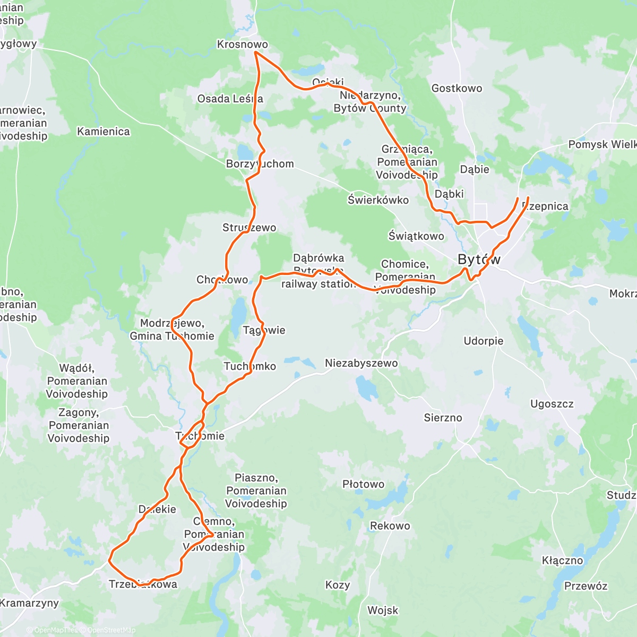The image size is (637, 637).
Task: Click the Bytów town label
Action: click(479, 260)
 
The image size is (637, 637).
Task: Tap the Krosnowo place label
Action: click(243, 45)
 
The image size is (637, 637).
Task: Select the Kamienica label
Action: click(104, 132)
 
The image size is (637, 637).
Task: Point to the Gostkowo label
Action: click(457, 89)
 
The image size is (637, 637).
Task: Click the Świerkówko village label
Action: click(378, 200)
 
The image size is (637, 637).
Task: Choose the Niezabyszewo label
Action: click(361, 364)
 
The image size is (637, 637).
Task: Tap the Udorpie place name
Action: click(483, 341)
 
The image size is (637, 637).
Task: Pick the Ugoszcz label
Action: click(552, 404)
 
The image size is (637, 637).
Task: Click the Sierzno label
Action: click(443, 418)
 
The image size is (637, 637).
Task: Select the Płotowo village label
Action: click(363, 484)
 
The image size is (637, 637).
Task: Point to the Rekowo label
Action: click(390, 526)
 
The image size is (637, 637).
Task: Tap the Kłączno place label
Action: click(562, 561)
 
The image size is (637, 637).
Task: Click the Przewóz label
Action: click(586, 586)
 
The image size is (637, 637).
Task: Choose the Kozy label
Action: click(337, 585)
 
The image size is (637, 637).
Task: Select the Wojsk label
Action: click(382, 610)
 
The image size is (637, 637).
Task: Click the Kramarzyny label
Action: click(29, 603)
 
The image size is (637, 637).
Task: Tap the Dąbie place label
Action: click(474, 169)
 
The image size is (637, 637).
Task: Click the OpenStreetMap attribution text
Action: click(111, 630)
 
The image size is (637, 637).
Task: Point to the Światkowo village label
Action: click(416, 236)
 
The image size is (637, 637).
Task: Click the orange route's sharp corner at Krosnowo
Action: click(255, 52)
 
